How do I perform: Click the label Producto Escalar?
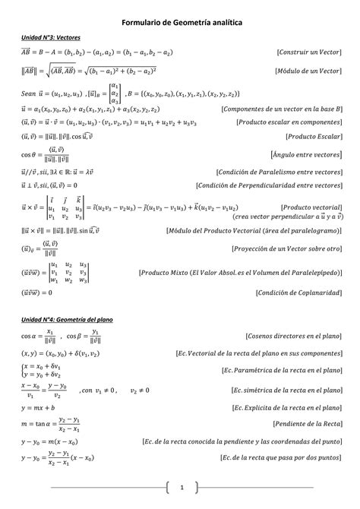(x=314, y=137)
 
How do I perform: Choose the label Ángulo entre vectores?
(x=307, y=154)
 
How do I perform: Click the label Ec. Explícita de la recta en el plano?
(x=280, y=408)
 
